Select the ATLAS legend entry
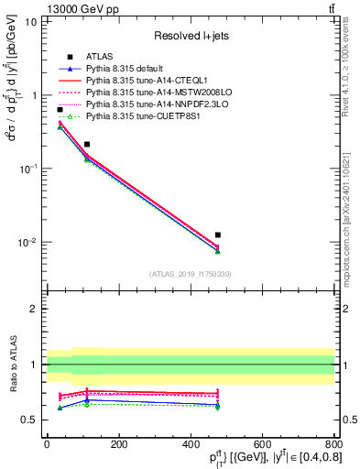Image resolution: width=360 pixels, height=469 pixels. [97, 57]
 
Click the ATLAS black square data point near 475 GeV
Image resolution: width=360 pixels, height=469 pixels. [217, 235]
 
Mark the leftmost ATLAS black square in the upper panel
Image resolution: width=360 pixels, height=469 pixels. [60, 110]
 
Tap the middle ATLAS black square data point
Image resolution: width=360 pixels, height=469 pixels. [87, 145]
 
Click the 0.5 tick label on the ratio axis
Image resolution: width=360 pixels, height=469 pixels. [29, 420]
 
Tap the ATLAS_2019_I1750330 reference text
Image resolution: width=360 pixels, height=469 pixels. [191, 273]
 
